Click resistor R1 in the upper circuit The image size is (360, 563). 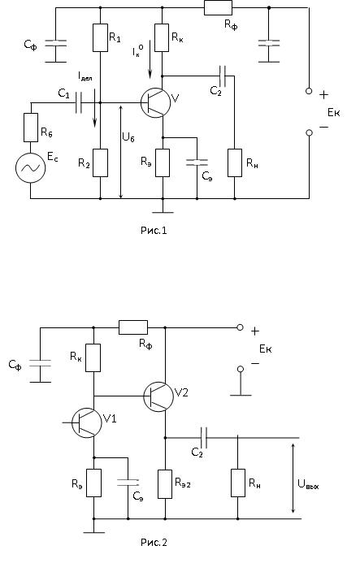click(x=100, y=37)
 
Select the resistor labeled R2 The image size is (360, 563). click(x=100, y=162)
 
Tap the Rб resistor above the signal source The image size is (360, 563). click(x=31, y=128)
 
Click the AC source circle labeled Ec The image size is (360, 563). click(x=31, y=167)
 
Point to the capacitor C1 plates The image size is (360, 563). click(x=79, y=102)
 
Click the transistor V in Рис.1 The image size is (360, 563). click(x=155, y=102)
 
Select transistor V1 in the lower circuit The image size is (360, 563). click(x=87, y=422)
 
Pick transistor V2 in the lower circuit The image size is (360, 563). click(x=158, y=396)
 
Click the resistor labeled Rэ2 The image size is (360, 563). click(x=165, y=483)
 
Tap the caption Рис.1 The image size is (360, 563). click(x=154, y=230)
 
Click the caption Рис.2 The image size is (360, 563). click(x=154, y=542)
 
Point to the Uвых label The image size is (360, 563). click(x=308, y=484)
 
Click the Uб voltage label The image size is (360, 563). click(x=128, y=137)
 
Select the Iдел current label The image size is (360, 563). click(x=85, y=76)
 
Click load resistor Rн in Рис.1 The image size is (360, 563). click(x=235, y=162)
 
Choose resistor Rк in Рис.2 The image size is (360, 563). click(x=93, y=357)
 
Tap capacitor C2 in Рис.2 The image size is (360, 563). click(x=204, y=438)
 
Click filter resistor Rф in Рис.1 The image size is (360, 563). click(x=218, y=7)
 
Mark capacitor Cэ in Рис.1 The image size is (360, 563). click(x=197, y=162)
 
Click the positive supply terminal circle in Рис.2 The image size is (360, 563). click(x=240, y=327)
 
